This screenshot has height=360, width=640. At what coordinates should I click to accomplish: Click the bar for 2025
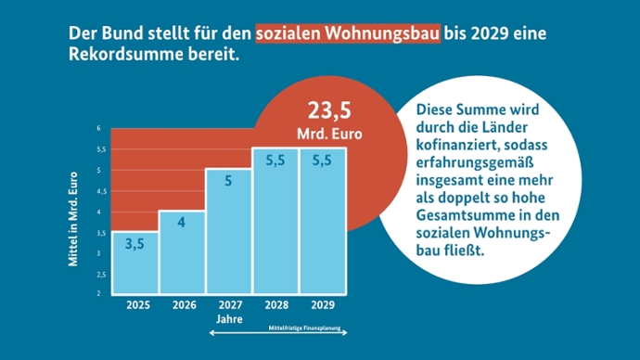pos(134,263)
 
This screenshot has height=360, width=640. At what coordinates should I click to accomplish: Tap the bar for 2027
pos(228,232)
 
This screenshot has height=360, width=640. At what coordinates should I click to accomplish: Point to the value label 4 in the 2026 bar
pos(182,223)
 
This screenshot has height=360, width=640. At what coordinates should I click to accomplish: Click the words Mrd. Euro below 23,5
pos(330,134)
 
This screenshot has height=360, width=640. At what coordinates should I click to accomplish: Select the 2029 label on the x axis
pos(323,303)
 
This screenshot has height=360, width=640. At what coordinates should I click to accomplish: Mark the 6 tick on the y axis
pos(99,128)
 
